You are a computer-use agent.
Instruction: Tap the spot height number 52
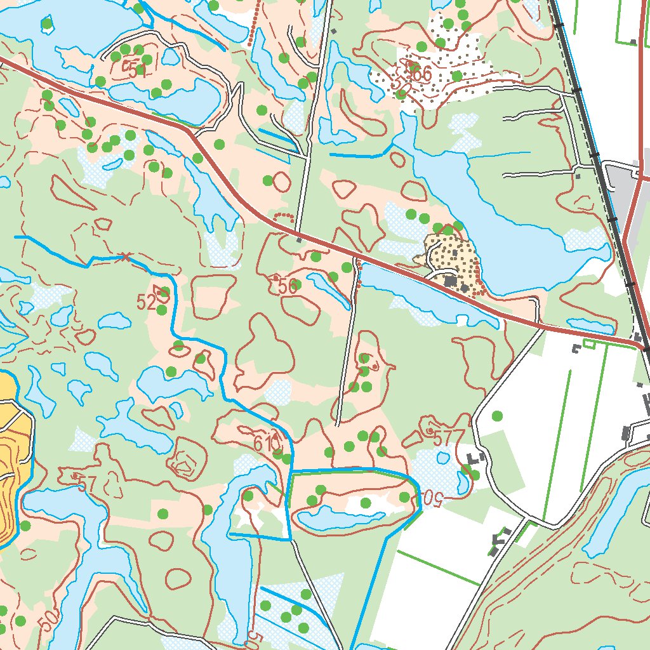[146, 303]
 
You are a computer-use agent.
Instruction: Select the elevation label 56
[286, 286]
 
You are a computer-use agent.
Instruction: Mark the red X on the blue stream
[125, 257]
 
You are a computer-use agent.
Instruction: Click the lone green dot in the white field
[497, 416]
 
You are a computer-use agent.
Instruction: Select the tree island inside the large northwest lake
[46, 25]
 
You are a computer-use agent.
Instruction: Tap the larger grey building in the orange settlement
[451, 280]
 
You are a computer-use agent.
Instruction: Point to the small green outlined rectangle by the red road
[588, 343]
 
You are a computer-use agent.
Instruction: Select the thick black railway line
[597, 159]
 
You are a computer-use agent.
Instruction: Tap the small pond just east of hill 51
[170, 56]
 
